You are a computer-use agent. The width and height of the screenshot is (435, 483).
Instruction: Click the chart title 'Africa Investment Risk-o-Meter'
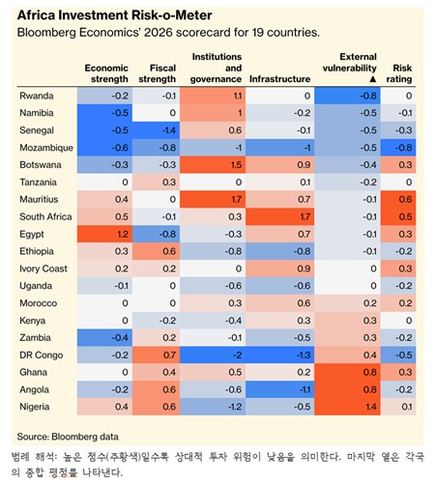point(114,15)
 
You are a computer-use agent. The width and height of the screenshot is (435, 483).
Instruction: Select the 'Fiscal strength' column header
point(158,73)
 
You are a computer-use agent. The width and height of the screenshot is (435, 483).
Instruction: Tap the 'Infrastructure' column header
point(279,79)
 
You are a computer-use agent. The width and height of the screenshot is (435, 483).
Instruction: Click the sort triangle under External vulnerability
point(373,79)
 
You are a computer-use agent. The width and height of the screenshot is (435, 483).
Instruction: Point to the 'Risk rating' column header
point(399,73)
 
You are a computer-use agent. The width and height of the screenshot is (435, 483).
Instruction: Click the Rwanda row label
point(37,96)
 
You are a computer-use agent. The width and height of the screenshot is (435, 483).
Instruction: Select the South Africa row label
point(45,216)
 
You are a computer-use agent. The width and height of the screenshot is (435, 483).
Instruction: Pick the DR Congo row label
point(41,355)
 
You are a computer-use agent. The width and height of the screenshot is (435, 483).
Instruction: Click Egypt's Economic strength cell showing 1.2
point(104,234)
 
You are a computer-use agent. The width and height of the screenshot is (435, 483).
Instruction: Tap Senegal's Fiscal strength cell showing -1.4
point(156,130)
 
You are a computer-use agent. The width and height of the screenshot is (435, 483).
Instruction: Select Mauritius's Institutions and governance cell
point(213,199)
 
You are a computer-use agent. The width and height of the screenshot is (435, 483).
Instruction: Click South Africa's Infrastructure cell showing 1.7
point(279,216)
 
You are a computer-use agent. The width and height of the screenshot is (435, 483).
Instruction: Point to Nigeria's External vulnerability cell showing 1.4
point(347,407)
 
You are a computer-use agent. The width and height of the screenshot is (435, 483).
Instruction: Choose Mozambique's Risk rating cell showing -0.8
point(398,148)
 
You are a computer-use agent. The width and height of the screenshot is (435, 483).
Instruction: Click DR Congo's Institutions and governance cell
point(213,355)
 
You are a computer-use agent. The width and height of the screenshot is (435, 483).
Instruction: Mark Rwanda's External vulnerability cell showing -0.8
point(347,96)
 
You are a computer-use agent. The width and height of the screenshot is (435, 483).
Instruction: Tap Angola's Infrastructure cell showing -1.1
point(279,389)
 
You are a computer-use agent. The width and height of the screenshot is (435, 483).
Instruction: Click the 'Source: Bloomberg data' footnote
point(68,437)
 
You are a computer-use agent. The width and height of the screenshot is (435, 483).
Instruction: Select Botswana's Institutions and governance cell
point(213,165)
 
